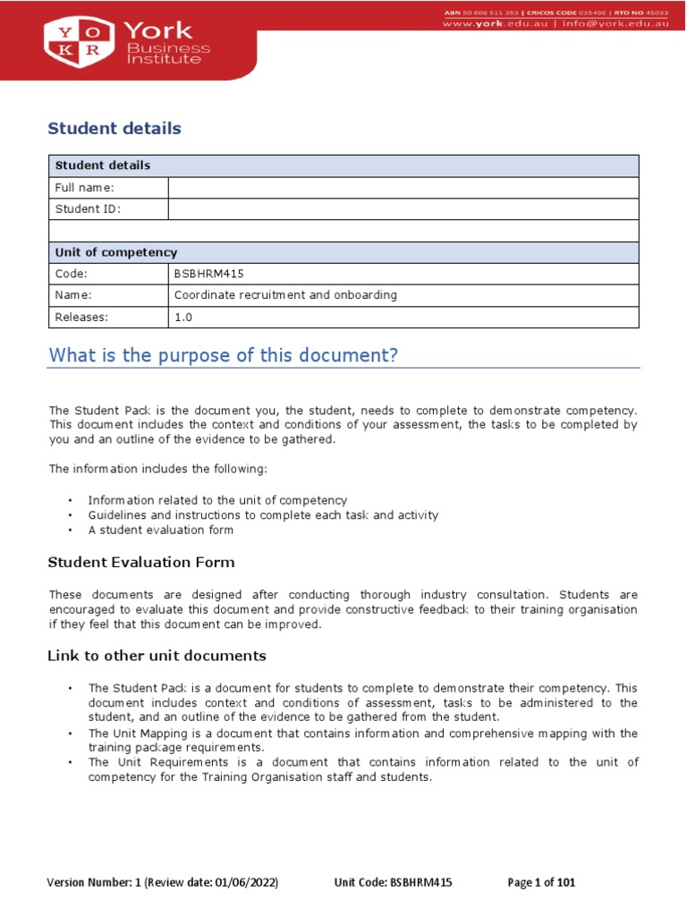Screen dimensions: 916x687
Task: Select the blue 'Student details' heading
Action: [x=114, y=129]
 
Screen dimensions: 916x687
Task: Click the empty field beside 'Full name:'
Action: [x=403, y=188]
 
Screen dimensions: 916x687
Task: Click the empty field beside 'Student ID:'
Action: [x=403, y=209]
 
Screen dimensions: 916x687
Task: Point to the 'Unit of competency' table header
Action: [x=116, y=252]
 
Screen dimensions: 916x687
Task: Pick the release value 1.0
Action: [x=182, y=317]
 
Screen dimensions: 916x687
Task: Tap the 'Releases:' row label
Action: [x=81, y=317]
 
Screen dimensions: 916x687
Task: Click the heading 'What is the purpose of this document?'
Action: [x=223, y=356]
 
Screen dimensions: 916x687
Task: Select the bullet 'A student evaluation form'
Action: [x=160, y=530]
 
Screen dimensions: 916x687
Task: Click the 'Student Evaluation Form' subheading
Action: [x=140, y=563]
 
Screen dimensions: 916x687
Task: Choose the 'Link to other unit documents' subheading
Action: [x=157, y=656]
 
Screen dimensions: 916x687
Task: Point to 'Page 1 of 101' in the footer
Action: [x=541, y=883]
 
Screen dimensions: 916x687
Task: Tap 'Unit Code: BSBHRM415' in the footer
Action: [x=393, y=883]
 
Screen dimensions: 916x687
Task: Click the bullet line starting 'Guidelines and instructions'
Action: [x=263, y=515]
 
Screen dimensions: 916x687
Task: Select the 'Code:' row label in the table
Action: [x=71, y=274]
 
